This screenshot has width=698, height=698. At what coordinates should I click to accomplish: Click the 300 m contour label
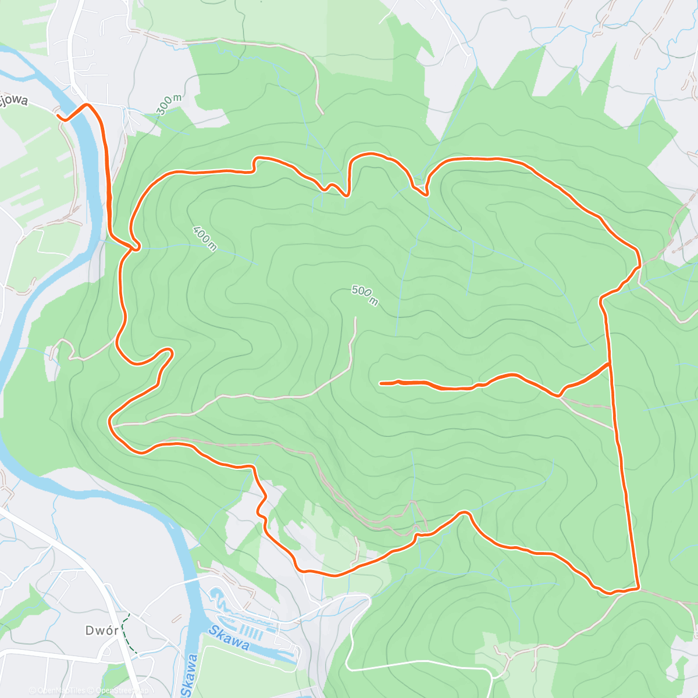169,105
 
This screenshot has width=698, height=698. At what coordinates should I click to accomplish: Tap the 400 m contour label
205,238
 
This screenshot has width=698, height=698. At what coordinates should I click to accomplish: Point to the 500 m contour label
365,295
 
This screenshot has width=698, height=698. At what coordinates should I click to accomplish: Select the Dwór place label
102,631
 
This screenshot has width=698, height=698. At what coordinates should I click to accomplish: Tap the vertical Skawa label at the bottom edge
189,675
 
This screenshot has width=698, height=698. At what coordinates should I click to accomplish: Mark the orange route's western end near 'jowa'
59,116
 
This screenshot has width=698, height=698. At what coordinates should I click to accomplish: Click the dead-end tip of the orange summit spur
380,383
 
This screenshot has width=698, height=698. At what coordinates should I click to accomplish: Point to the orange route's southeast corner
638,588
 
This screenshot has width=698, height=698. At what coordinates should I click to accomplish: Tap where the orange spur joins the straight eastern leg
609,364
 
